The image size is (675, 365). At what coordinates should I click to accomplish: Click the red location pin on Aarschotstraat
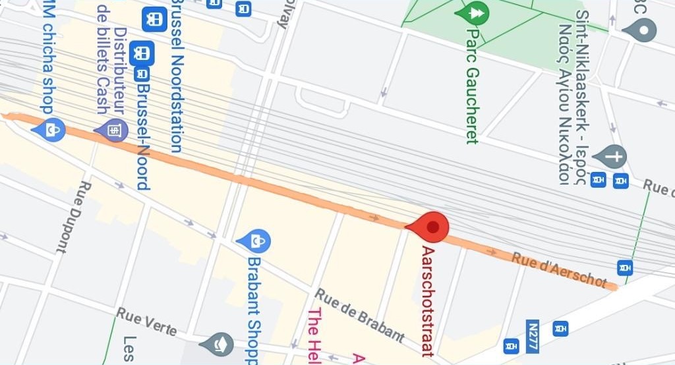click(x=432, y=227)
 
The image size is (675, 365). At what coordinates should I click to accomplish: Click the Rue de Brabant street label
click(x=359, y=316)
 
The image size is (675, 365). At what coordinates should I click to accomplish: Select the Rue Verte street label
click(x=147, y=321)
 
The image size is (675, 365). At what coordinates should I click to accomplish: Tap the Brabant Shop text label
click(x=254, y=310)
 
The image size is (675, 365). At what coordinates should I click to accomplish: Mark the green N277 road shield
click(x=533, y=335)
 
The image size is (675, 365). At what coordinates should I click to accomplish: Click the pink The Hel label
click(x=314, y=336)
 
